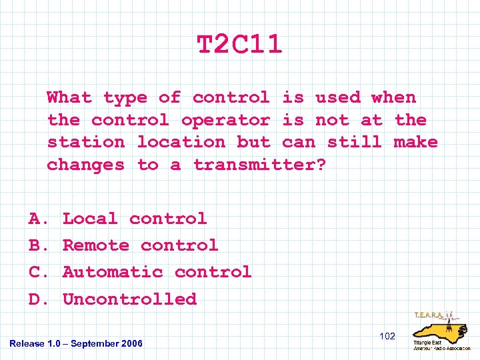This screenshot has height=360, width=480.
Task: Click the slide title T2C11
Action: (x=240, y=45)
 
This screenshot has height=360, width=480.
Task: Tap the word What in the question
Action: (x=69, y=97)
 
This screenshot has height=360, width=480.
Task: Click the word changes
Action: (x=85, y=165)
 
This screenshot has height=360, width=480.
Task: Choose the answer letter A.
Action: (x=36, y=219)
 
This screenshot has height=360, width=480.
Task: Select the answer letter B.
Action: (x=36, y=245)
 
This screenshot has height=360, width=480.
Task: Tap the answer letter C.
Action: (x=36, y=272)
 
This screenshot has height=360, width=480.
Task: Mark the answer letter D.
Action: (x=36, y=299)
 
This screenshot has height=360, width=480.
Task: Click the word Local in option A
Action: (x=90, y=219)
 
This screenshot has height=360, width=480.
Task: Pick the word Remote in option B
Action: (x=96, y=245)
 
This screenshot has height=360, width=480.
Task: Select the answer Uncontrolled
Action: (x=129, y=299)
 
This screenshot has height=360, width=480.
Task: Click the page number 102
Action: (x=387, y=336)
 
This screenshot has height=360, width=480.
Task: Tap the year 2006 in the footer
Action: (x=132, y=343)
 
